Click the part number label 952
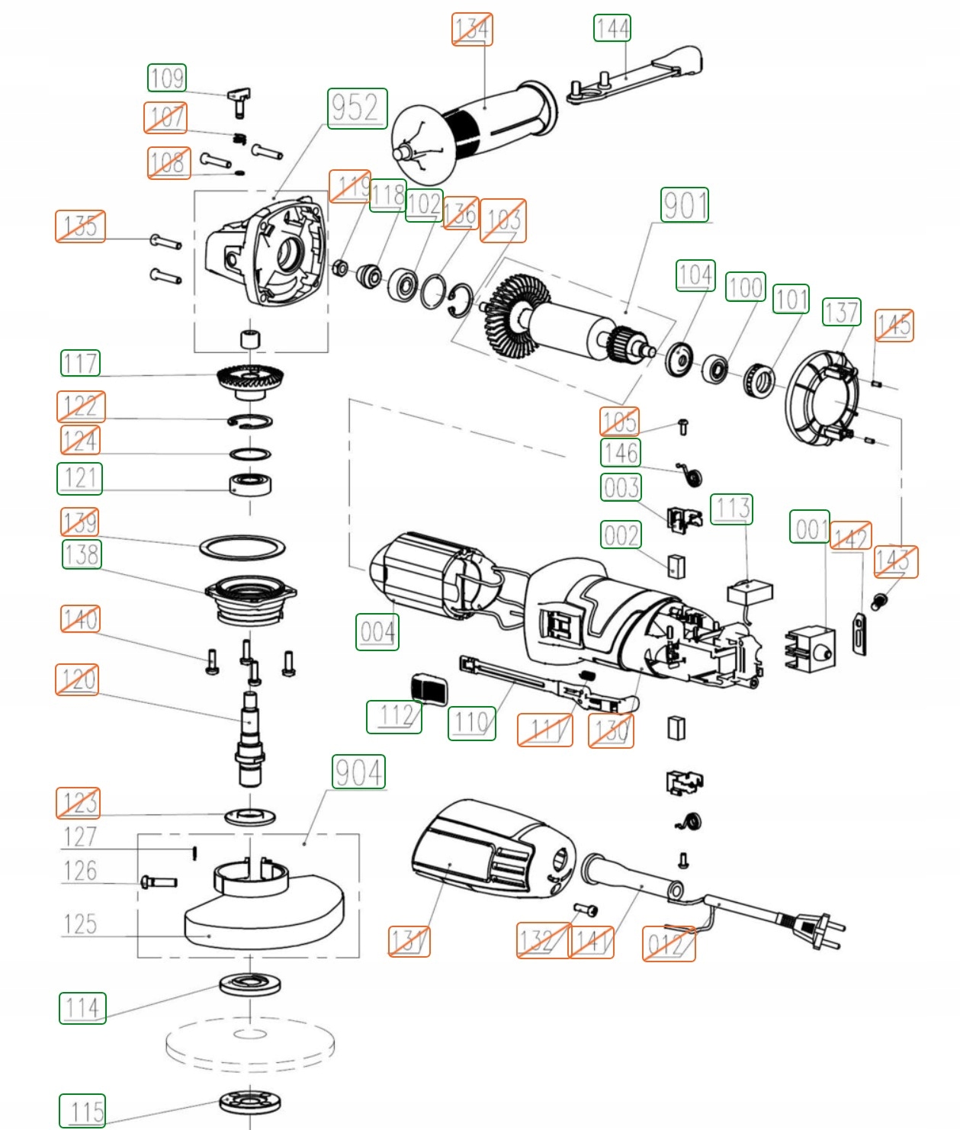(x=357, y=108)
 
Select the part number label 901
(x=685, y=205)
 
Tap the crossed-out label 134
(x=472, y=30)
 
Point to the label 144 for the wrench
(x=612, y=28)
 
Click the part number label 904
(x=358, y=772)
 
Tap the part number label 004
(x=377, y=632)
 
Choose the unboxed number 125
(x=80, y=924)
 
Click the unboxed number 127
(x=80, y=837)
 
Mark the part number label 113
(x=732, y=509)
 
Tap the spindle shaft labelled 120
(x=249, y=740)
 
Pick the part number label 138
(x=82, y=554)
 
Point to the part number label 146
(x=621, y=452)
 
